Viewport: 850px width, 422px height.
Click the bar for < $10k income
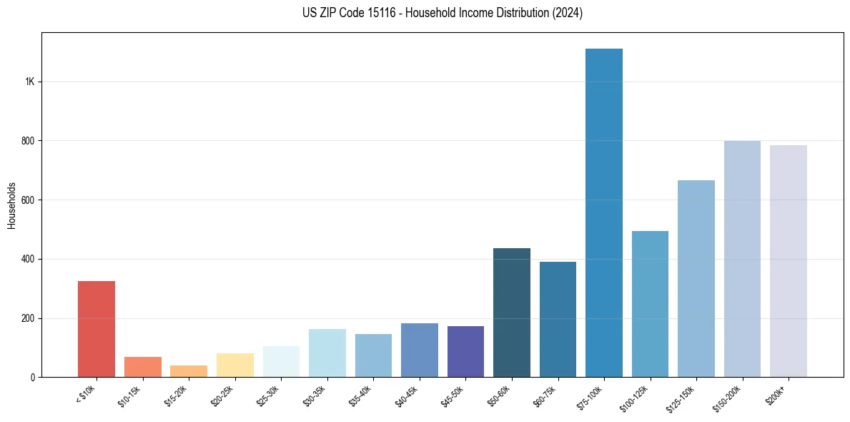coord(97,329)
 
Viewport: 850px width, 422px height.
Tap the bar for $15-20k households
coord(189,371)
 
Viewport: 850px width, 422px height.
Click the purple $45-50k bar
coord(465,351)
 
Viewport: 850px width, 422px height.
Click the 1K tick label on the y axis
coord(29,82)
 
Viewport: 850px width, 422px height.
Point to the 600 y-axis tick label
coord(28,200)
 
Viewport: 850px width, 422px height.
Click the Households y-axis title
coord(12,205)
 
